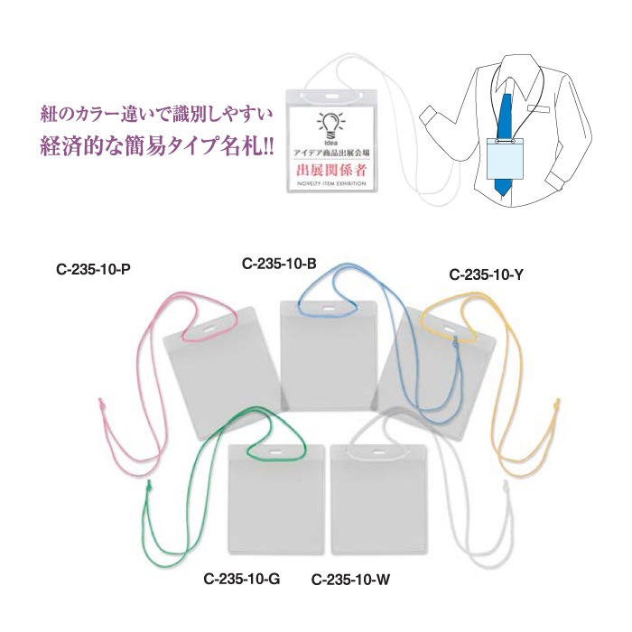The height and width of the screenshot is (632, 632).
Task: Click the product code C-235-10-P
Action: click(x=93, y=269)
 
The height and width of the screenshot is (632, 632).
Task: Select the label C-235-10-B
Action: click(x=279, y=264)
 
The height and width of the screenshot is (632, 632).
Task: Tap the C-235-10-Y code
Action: click(x=486, y=274)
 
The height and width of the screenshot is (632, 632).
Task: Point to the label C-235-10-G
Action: click(x=242, y=580)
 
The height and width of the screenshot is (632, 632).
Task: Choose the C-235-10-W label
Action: click(x=350, y=580)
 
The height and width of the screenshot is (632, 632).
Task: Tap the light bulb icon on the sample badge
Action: click(x=331, y=125)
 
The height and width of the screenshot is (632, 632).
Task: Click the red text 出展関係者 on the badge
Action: click(x=331, y=170)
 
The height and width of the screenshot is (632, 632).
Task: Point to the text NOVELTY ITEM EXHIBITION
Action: click(x=331, y=183)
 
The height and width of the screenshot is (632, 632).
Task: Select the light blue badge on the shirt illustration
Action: click(x=506, y=158)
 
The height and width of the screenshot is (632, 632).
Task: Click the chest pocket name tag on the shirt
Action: click(x=539, y=109)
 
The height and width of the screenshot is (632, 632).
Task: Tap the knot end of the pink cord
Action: click(x=101, y=403)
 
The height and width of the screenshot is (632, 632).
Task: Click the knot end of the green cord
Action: click(x=148, y=487)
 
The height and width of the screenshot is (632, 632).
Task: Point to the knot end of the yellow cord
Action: click(x=557, y=404)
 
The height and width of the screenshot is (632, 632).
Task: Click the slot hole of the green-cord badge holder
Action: click(x=276, y=451)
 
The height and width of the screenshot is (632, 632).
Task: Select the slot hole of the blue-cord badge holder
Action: click(x=328, y=309)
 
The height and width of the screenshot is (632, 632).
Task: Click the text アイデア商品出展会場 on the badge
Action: click(x=331, y=153)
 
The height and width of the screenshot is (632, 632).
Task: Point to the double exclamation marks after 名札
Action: click(x=267, y=146)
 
